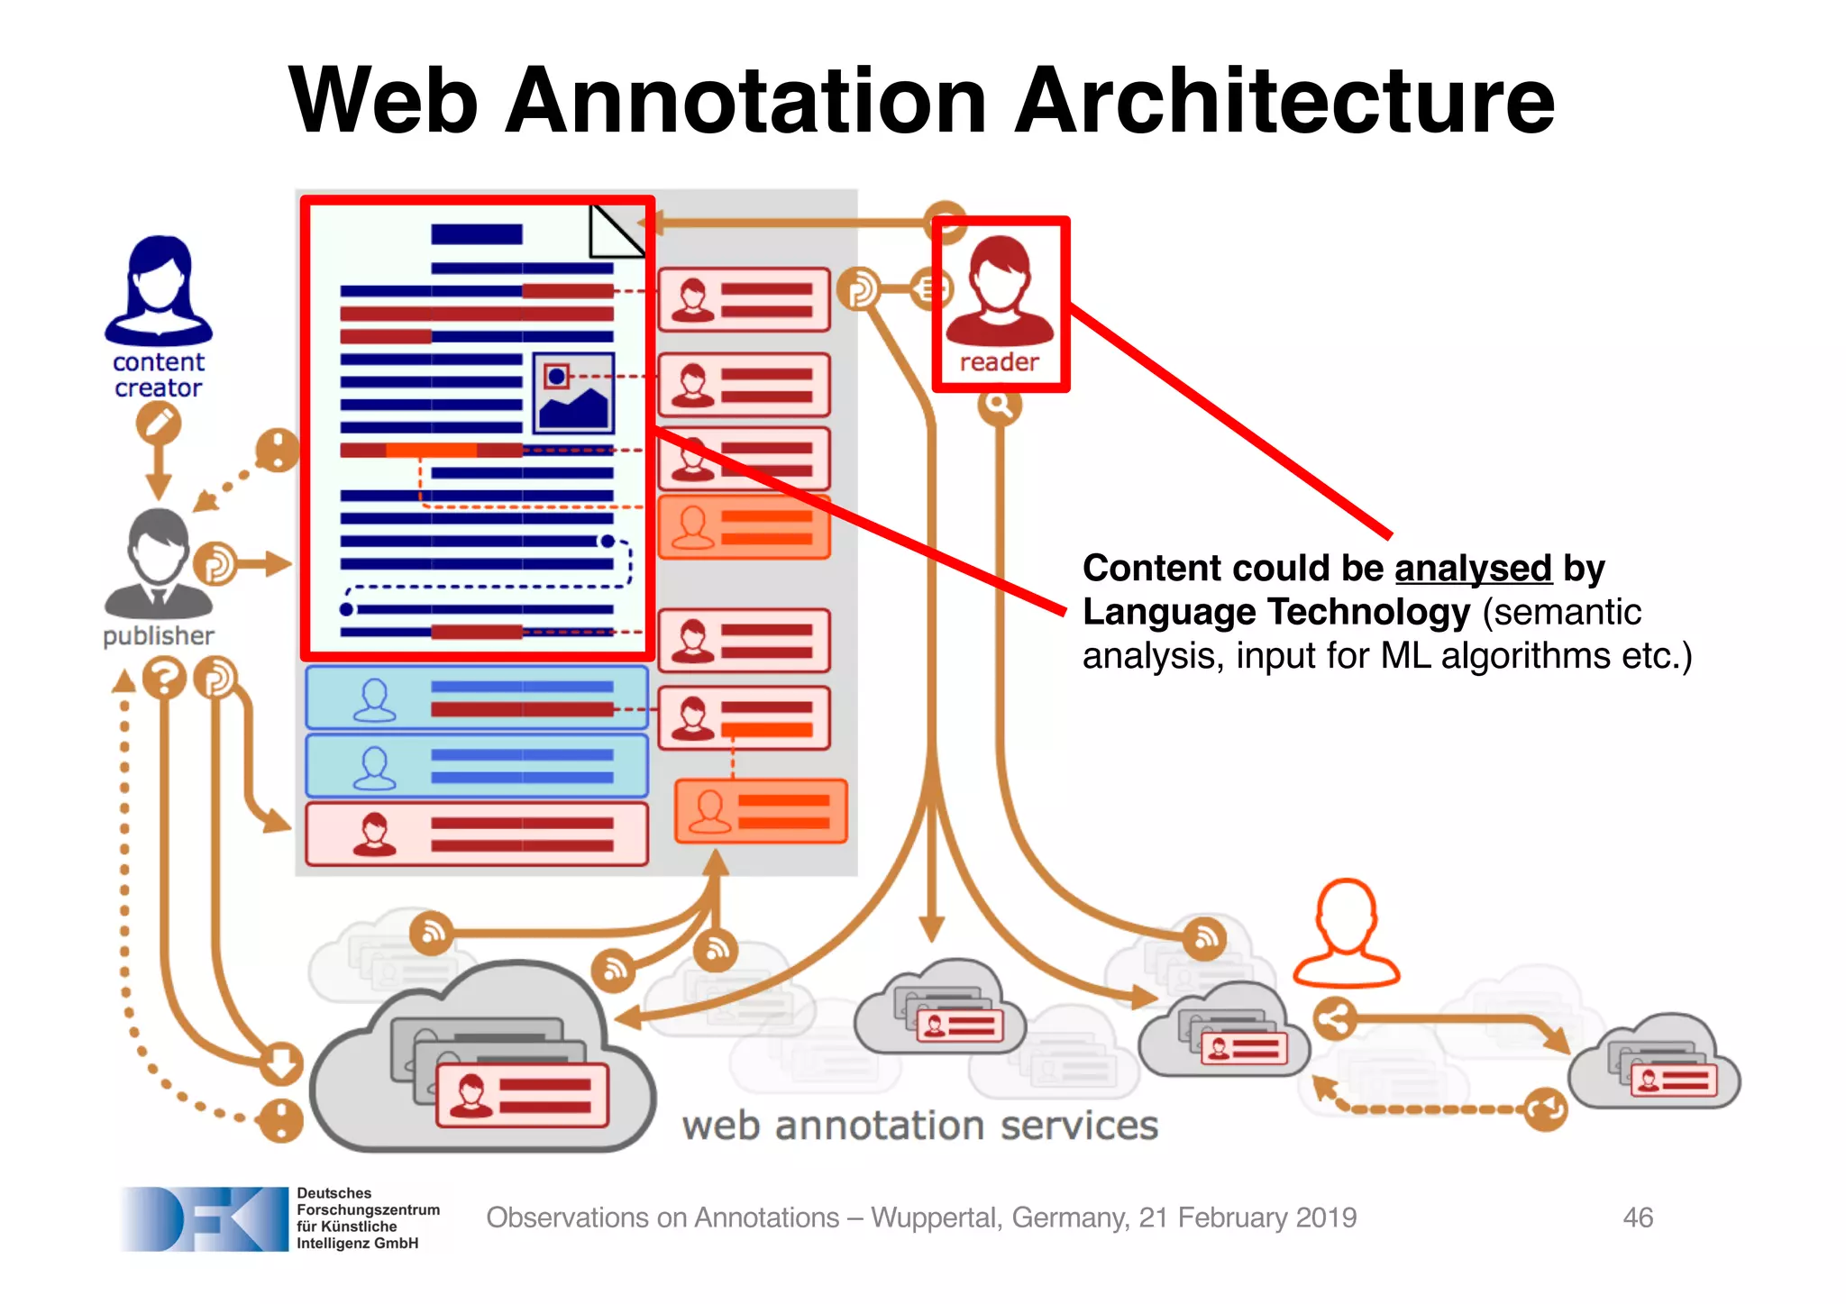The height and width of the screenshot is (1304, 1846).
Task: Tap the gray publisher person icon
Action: coord(159,563)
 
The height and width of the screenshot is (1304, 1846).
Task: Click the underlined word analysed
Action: coord(1473,569)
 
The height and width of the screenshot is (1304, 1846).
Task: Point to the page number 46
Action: coord(1637,1217)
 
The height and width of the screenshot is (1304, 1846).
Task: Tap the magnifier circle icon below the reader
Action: coord(999,405)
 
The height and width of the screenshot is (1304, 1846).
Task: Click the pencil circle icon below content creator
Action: coord(159,423)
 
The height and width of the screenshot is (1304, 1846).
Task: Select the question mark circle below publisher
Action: coord(164,678)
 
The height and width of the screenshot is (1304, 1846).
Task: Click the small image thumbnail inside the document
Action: coord(573,394)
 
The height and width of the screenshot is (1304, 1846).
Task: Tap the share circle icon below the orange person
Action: coord(1334,1019)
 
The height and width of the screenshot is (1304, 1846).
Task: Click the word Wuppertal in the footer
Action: coord(936,1217)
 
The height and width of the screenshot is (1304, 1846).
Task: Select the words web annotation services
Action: coord(919,1126)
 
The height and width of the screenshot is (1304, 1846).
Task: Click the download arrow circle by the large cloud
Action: coord(281,1062)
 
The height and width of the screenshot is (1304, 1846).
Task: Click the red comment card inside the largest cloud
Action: coord(522,1094)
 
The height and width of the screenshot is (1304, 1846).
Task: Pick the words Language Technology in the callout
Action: coord(1276,612)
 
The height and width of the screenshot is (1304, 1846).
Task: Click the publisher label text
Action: coord(159,636)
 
